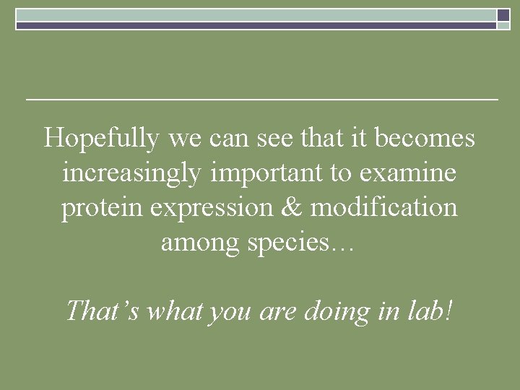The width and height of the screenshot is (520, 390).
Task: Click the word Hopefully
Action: click(102, 138)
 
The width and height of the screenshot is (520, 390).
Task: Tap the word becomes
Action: click(430, 137)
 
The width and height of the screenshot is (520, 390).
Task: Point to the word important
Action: click(260, 173)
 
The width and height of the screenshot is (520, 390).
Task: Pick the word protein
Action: click(103, 209)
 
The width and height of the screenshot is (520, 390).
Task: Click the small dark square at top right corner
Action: click(503, 14)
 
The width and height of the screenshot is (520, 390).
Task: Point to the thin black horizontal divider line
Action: click(261, 98)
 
